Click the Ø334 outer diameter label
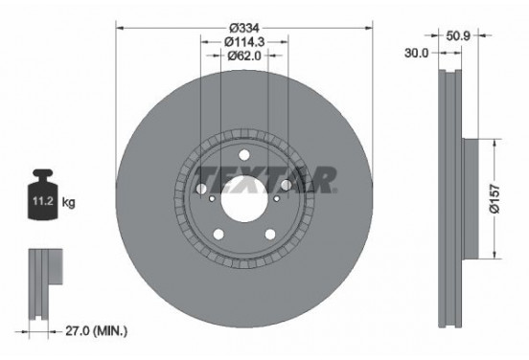point(244,28)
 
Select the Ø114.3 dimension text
point(244,42)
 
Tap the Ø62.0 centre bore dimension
point(244,56)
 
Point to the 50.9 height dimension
point(458,35)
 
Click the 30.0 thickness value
point(416,53)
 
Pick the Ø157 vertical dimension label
point(494,199)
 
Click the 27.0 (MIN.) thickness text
point(96,331)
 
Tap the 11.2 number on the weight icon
point(43,201)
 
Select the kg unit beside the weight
point(68,202)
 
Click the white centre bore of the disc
point(244,199)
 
